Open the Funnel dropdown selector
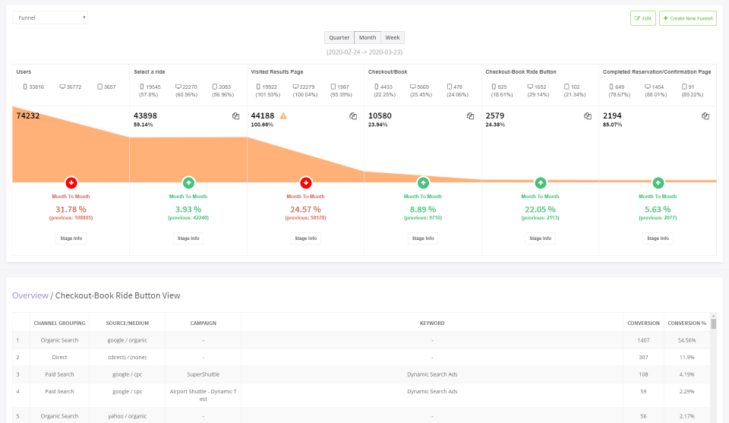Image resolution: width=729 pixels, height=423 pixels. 50,17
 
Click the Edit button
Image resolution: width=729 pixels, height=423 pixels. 642,18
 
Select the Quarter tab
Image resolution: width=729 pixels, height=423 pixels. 339,37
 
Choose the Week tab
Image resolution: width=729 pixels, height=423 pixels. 393,37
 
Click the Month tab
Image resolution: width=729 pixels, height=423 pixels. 368,37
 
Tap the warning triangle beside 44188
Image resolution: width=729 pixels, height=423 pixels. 283,116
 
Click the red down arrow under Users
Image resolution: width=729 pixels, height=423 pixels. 71,182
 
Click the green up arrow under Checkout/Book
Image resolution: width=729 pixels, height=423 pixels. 423,182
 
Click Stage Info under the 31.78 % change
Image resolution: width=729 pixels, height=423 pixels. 71,238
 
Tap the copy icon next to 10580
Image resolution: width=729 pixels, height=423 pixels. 470,116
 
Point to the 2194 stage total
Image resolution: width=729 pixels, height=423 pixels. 612,115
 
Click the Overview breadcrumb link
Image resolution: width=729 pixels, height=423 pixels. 30,295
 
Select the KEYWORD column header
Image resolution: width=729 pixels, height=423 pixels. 432,323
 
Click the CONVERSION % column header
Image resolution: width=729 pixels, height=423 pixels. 686,323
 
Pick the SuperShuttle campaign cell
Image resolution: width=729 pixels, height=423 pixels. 203,374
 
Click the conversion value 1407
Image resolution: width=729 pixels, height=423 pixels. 643,340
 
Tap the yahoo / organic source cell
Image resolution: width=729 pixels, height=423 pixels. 127,416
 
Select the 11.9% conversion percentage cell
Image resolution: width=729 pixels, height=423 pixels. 686,357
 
